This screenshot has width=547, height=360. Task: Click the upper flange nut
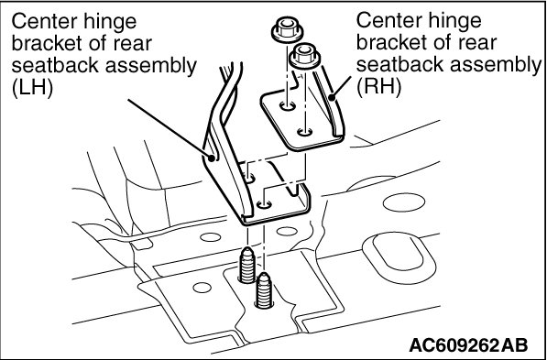point(287,30)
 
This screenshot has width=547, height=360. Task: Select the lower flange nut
point(304,56)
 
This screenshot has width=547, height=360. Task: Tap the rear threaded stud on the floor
point(247,265)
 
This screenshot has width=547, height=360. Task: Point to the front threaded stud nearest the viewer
point(264,290)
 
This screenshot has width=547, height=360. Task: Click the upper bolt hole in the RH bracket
point(288,105)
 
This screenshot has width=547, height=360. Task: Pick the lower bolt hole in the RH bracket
point(304,132)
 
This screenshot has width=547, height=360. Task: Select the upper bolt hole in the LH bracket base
point(249,179)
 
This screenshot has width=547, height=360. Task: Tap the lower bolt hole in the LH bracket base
point(264,204)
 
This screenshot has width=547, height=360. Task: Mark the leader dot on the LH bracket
point(211,158)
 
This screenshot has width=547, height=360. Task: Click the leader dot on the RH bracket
point(332,98)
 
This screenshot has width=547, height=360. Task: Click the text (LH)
point(32,88)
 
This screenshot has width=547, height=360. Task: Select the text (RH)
point(378,86)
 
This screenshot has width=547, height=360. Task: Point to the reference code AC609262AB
point(468,345)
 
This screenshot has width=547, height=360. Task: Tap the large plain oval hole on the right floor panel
point(404,202)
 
